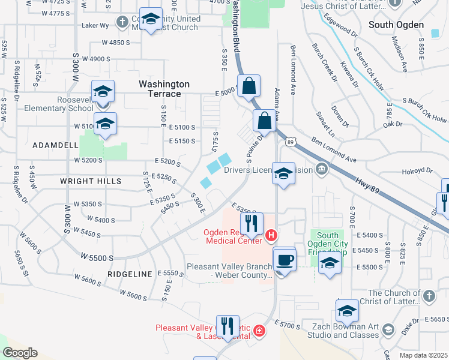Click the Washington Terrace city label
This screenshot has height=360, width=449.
(164, 89)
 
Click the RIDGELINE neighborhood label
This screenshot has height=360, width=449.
(130, 274)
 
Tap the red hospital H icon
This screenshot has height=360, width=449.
(271, 235)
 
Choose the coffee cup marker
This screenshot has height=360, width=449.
(284, 260)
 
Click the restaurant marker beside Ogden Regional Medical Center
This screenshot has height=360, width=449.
(252, 224)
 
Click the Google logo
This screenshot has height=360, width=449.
(20, 353)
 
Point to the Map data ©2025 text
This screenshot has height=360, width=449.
(424, 355)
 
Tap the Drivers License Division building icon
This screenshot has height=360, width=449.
(322, 170)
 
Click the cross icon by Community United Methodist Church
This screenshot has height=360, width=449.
(122, 23)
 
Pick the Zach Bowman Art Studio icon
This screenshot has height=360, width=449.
(388, 330)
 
